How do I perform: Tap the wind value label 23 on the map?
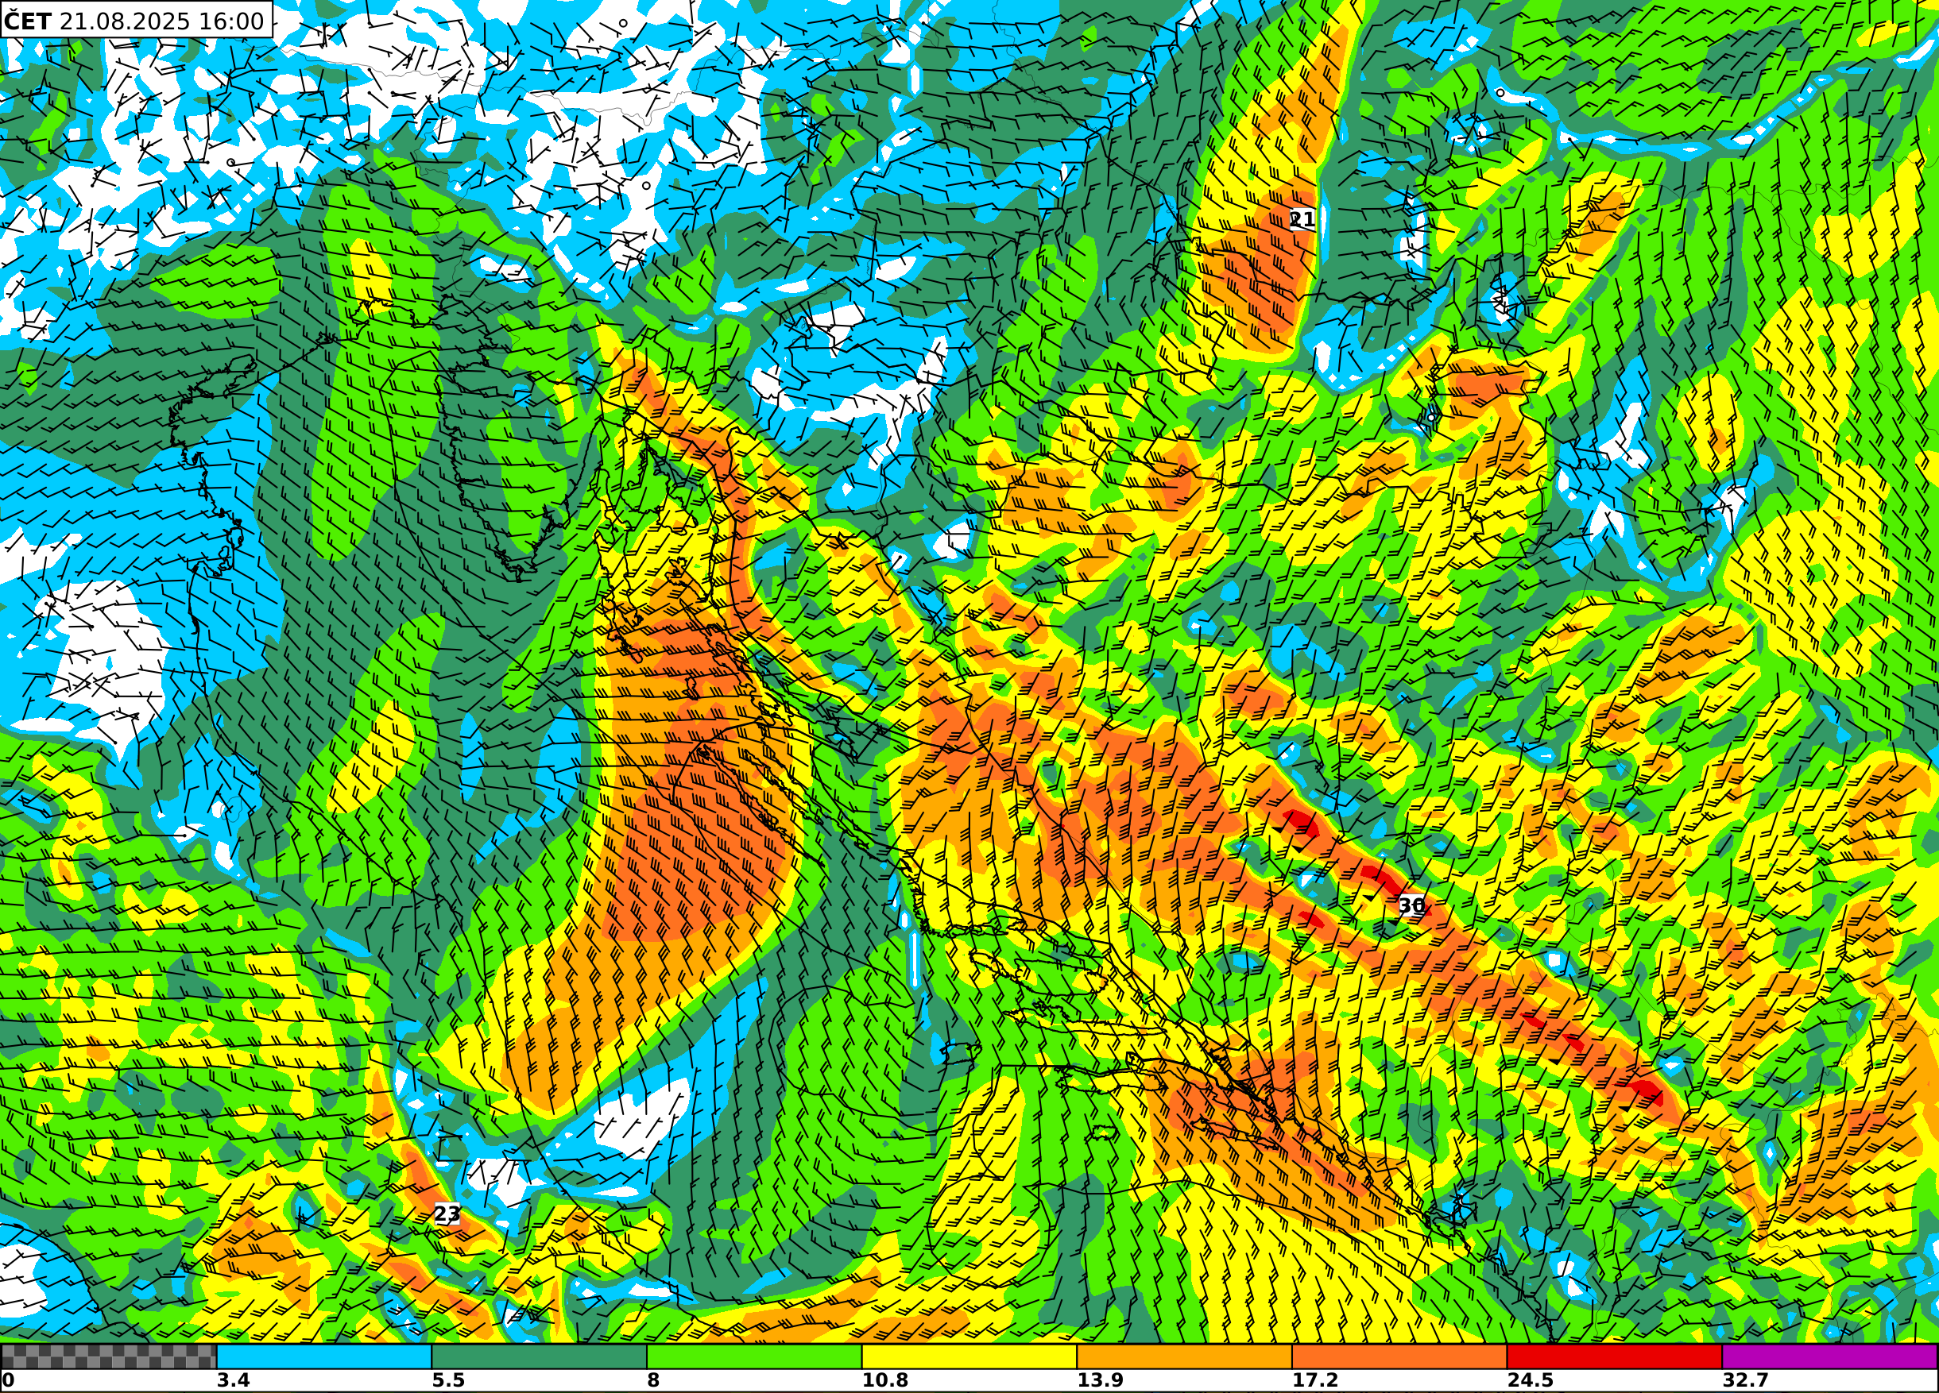point(447,1214)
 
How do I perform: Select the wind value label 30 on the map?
point(1411,905)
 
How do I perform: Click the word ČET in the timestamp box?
point(27,21)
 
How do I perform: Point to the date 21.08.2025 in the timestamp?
point(125,21)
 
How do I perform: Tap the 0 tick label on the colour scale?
point(9,1380)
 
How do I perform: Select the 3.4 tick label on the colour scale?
point(233,1380)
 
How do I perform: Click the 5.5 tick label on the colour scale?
point(448,1380)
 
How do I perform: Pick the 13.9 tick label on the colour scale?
point(1101,1380)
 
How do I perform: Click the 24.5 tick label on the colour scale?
point(1531,1380)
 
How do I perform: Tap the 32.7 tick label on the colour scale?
point(1745,1380)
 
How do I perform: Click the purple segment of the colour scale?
point(1829,1356)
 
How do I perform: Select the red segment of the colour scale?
point(1614,1356)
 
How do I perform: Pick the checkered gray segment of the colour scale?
point(109,1356)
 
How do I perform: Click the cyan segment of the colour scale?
point(324,1356)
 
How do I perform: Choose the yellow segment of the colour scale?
point(969,1356)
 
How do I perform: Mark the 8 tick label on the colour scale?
point(654,1380)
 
